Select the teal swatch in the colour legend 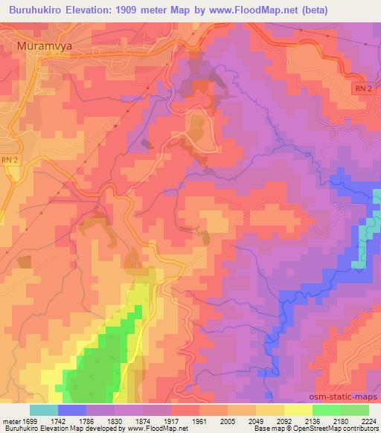43,410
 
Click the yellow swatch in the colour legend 298,410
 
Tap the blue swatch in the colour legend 71,410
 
